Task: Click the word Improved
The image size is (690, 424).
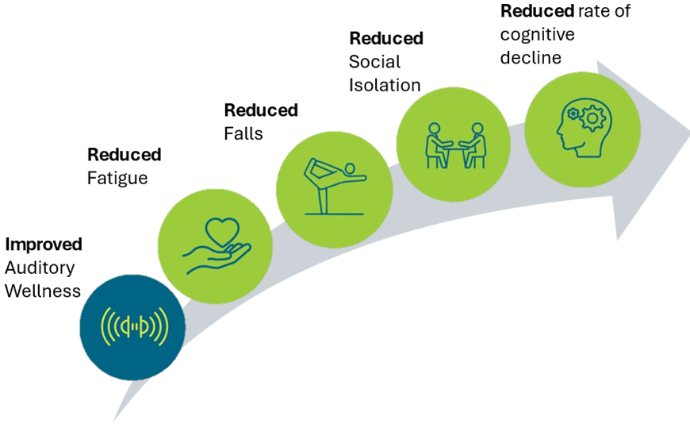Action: click(x=44, y=245)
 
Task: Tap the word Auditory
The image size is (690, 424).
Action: click(x=39, y=268)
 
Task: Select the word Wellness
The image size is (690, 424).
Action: click(x=43, y=291)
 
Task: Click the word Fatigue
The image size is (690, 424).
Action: click(x=117, y=178)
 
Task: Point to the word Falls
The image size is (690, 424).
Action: click(x=243, y=133)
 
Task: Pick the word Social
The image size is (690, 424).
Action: click(x=375, y=62)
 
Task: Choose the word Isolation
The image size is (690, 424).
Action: click(x=385, y=85)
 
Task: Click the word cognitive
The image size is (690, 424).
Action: click(x=537, y=35)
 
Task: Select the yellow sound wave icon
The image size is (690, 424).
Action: click(x=133, y=326)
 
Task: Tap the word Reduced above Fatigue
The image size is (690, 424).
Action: click(x=125, y=155)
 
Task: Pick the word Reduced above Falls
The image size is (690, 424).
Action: click(x=261, y=110)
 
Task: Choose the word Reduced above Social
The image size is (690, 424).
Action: click(x=386, y=38)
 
